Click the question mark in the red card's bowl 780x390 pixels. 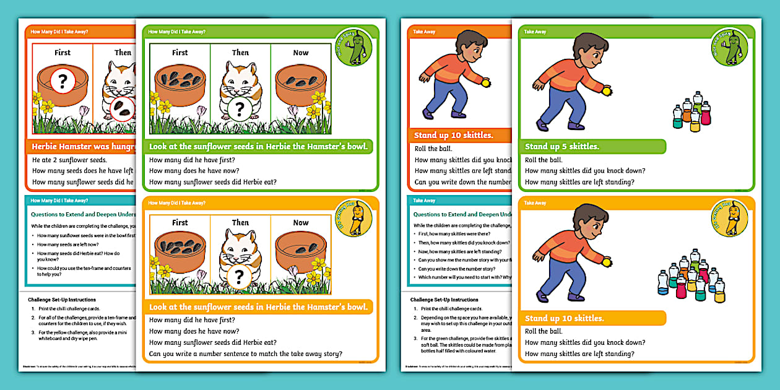63,80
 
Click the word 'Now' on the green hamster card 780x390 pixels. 301,53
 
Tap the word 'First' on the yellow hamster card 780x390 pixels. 180,222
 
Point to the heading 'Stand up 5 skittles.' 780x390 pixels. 562,147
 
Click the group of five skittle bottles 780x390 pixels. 691,111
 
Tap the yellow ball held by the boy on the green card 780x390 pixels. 607,90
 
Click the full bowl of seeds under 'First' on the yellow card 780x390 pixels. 180,252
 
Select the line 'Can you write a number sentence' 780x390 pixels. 246,354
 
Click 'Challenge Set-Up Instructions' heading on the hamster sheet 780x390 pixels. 62,300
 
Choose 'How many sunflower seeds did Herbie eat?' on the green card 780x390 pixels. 213,182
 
